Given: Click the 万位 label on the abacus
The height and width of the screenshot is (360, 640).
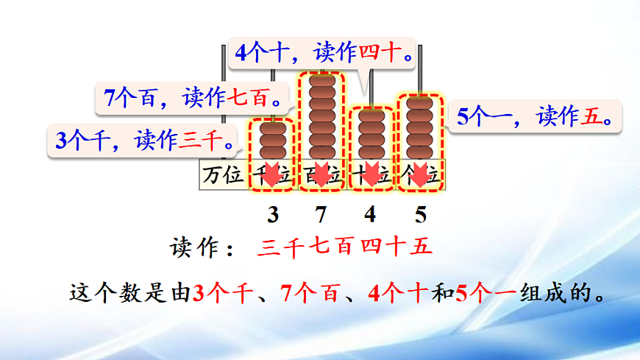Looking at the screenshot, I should tap(223, 177).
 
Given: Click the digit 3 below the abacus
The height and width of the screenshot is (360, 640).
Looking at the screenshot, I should tap(273, 215).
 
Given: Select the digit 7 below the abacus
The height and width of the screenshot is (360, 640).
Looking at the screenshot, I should tap(321, 215).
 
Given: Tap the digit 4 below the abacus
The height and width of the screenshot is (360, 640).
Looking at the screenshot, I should tap(370, 215).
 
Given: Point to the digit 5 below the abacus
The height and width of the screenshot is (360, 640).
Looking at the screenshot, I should tap(420, 215).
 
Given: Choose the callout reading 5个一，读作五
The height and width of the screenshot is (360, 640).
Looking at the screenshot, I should tap(536, 116).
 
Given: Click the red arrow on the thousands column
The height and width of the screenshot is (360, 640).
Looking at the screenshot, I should tap(271, 175).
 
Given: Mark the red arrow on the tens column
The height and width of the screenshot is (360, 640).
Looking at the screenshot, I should tap(370, 175).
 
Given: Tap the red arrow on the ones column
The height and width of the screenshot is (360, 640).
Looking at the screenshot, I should tap(420, 175).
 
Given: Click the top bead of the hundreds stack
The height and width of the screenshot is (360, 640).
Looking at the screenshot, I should tap(321, 80).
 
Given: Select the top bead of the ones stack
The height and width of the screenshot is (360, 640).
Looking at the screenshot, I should tap(420, 103).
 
